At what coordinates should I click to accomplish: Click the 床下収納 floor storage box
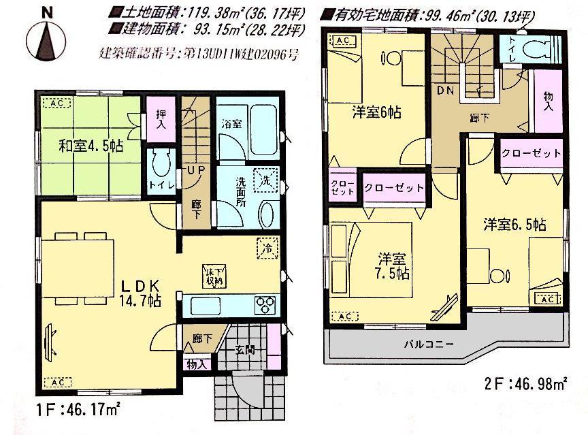click(x=212, y=274)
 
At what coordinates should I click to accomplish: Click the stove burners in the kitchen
click(x=263, y=304)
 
